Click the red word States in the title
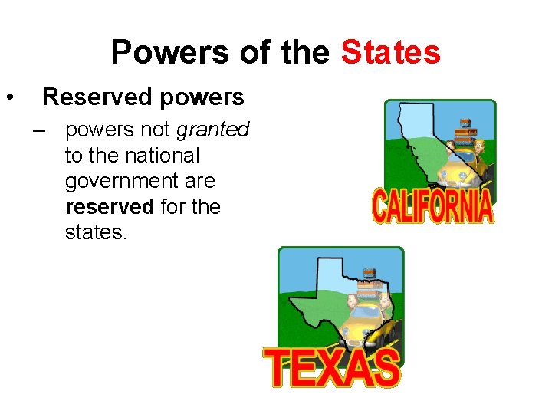pyautogui.click(x=391, y=53)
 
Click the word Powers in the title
pyautogui.click(x=168, y=53)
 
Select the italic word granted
pyautogui.click(x=212, y=130)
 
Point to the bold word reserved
pyautogui.click(x=110, y=207)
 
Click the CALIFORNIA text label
pyautogui.click(x=432, y=205)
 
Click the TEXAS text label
pyautogui.click(x=332, y=368)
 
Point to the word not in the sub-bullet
pyautogui.click(x=156, y=130)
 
